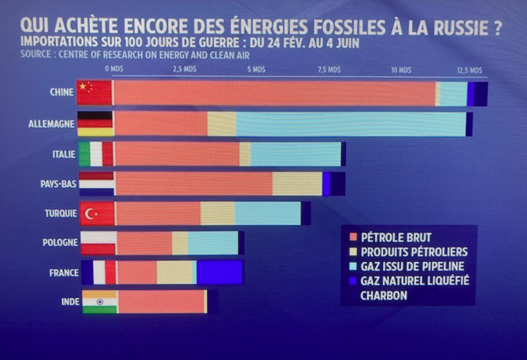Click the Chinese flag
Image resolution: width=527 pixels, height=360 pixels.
94,93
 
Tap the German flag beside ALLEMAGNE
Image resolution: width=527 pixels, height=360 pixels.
95,124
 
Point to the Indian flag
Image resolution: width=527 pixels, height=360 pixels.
100,302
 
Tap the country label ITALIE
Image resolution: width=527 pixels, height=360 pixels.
64,154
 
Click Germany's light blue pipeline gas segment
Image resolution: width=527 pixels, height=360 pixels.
350,124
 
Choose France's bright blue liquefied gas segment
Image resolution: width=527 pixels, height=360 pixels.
219,273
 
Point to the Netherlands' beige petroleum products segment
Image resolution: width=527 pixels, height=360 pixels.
297,184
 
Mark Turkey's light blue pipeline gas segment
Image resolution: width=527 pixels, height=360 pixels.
268,213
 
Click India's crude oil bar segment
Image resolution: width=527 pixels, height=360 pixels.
161,302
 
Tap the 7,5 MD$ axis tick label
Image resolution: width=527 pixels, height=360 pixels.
328,69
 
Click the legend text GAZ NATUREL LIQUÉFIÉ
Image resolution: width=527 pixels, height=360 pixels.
415,281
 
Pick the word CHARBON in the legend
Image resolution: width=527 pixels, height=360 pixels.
384,296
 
